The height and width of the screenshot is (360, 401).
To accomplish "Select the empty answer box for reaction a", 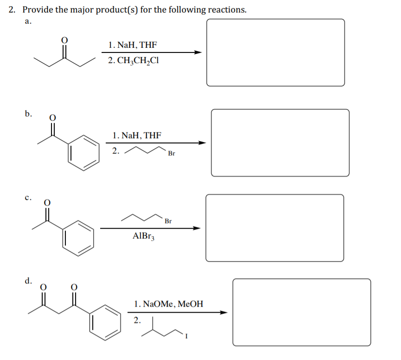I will point(275,52).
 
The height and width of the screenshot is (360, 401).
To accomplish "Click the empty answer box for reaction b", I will point(280,142).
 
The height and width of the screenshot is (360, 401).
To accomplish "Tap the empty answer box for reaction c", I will point(275,228).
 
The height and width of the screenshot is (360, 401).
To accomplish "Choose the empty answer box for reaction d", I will point(301,312).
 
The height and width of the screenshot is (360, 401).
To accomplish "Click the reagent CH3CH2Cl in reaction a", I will point(133,61).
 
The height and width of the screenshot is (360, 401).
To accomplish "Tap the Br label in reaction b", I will point(172,154).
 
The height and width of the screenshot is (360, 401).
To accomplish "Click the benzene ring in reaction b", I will point(84,151).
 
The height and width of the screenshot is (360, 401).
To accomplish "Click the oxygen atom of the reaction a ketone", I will point(65,40).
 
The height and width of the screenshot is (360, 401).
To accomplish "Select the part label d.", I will point(29,281).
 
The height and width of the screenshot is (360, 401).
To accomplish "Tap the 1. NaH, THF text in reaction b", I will point(137,135).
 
